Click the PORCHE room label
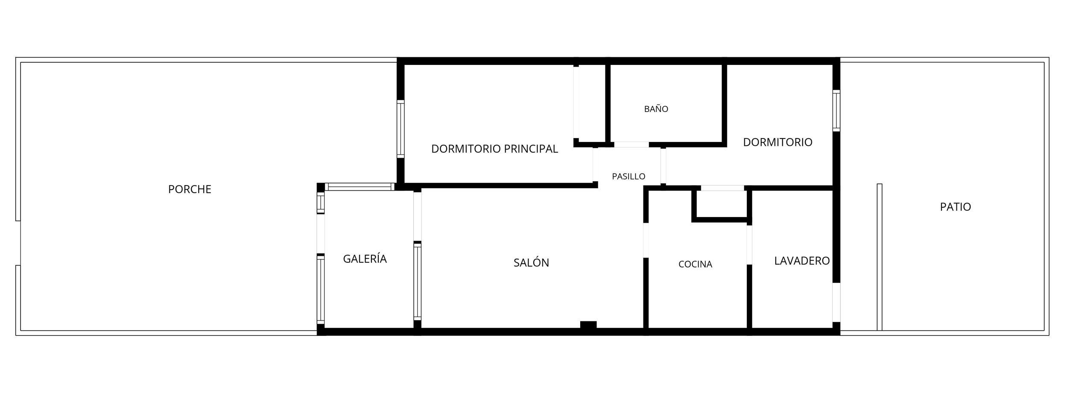tap(190, 189)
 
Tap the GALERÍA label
tap(365, 259)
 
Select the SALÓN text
tap(531, 262)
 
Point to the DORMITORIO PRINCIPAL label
tap(494, 149)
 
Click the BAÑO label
tap(656, 109)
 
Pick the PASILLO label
tap(629, 176)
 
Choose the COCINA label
tap(695, 264)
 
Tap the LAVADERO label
tap(802, 261)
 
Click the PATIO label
tap(955, 207)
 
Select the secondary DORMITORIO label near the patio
tap(778, 142)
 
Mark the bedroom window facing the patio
tap(836, 111)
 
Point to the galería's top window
tap(360, 187)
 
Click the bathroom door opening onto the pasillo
tap(631, 144)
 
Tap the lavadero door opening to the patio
tap(836, 302)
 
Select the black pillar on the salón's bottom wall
tap(588, 325)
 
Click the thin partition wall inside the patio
tap(879, 257)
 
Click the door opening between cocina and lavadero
tap(749, 244)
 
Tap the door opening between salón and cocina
tap(646, 240)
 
